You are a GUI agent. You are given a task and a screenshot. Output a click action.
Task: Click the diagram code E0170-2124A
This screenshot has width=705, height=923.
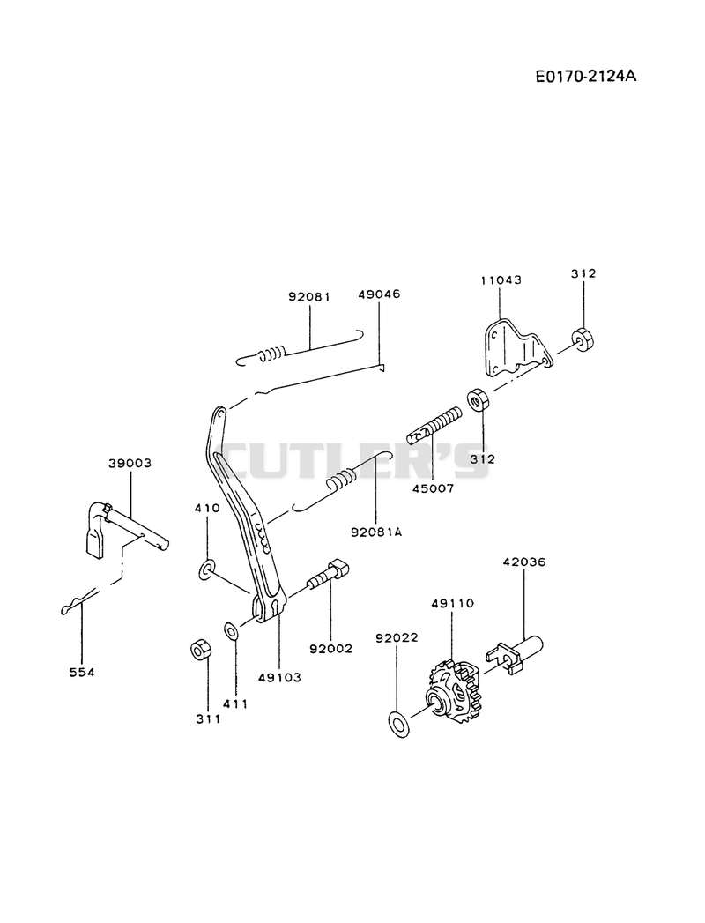(585, 77)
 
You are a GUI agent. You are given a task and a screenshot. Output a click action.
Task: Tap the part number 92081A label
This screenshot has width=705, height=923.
(376, 532)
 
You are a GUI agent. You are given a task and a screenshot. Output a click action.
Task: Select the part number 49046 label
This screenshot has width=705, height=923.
(379, 294)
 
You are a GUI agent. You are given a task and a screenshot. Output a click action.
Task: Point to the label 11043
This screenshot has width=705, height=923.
(501, 279)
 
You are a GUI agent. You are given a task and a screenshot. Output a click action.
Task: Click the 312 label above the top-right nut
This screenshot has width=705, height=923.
(583, 273)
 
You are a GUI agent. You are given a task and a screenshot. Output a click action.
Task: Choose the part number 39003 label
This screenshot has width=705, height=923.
(130, 464)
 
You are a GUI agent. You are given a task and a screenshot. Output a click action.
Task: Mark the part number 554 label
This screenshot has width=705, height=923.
(82, 673)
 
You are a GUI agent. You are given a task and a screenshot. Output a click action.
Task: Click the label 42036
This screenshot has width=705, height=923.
(523, 562)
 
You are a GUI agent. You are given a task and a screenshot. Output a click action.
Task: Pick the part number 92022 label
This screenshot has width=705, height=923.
(397, 637)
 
